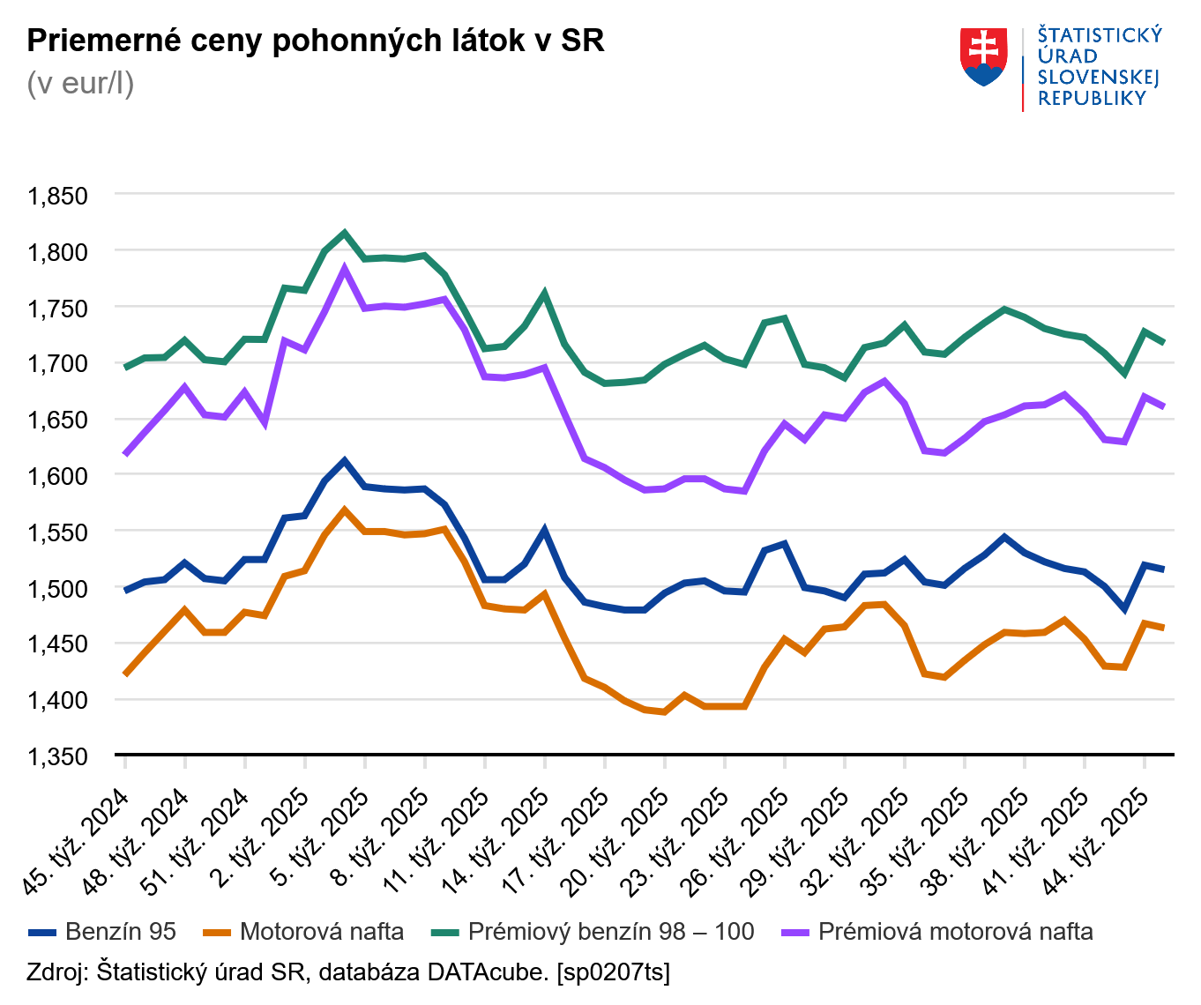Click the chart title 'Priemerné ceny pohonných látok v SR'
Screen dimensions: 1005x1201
coord(315,41)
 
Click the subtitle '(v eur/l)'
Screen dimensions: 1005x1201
coord(80,83)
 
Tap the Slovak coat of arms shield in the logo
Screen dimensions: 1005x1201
coord(983,57)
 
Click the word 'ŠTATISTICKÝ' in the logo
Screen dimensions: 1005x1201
coord(1099,35)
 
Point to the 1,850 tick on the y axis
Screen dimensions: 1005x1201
coord(58,196)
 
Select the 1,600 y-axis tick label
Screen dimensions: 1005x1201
coord(58,476)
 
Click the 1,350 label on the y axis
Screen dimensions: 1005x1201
coord(58,756)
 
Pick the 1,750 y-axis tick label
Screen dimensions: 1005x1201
coord(58,309)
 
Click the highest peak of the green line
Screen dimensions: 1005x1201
coord(345,234)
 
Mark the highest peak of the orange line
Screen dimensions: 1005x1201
coord(345,510)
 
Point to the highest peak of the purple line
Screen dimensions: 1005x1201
coord(345,269)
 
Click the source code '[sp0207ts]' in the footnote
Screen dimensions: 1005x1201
coord(613,972)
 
